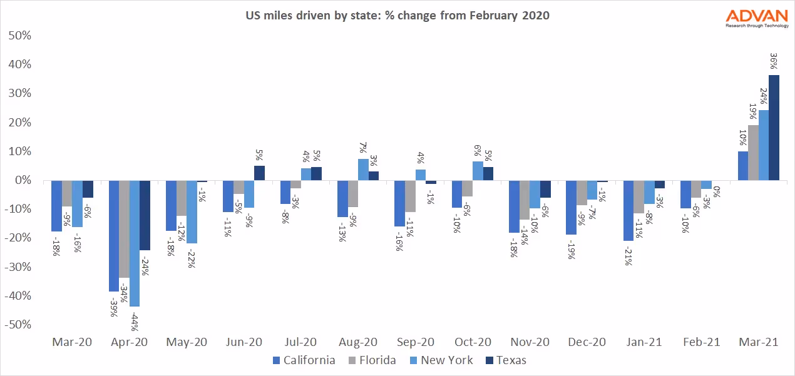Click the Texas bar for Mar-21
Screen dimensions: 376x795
(774, 128)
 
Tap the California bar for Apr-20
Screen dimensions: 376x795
(114, 236)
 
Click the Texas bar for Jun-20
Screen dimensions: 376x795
(259, 173)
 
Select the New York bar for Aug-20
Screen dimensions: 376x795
(363, 170)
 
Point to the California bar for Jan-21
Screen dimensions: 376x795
(628, 210)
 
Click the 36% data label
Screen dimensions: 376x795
(774, 61)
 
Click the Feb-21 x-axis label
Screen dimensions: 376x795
(702, 343)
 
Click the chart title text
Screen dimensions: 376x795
(397, 16)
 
